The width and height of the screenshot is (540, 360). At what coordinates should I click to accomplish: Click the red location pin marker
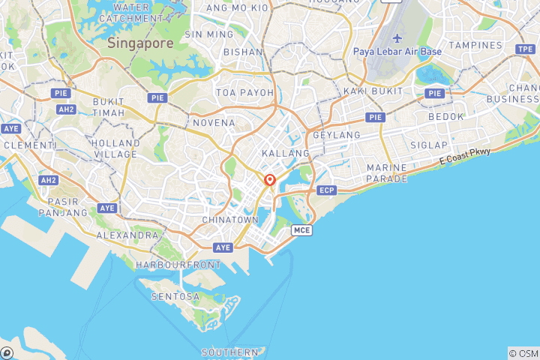coord(270,180)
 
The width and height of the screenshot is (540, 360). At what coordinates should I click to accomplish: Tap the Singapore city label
coord(140,43)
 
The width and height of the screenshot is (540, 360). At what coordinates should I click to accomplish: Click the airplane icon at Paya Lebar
coord(397,39)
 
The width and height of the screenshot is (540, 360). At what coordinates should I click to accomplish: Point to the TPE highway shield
coord(526,49)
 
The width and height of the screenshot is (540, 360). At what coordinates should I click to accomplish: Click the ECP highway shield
coord(326,190)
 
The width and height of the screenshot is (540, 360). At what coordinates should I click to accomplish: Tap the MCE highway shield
coord(301,229)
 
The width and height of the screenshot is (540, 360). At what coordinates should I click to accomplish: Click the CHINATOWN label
coord(230,220)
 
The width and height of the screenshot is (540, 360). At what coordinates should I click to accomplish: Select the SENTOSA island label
coord(175,296)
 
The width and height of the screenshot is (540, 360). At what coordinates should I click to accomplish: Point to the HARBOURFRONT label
coord(178,265)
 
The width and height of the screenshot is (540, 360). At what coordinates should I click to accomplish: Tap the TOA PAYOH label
coord(241,92)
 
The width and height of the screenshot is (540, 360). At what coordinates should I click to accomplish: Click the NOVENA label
coord(214,122)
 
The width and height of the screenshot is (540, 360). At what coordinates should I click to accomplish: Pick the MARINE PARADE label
coord(387,173)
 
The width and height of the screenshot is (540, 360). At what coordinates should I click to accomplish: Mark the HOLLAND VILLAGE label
coord(115,148)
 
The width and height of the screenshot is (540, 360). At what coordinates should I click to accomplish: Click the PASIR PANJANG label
coord(68,207)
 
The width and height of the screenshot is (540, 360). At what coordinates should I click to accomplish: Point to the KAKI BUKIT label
coord(369,91)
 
